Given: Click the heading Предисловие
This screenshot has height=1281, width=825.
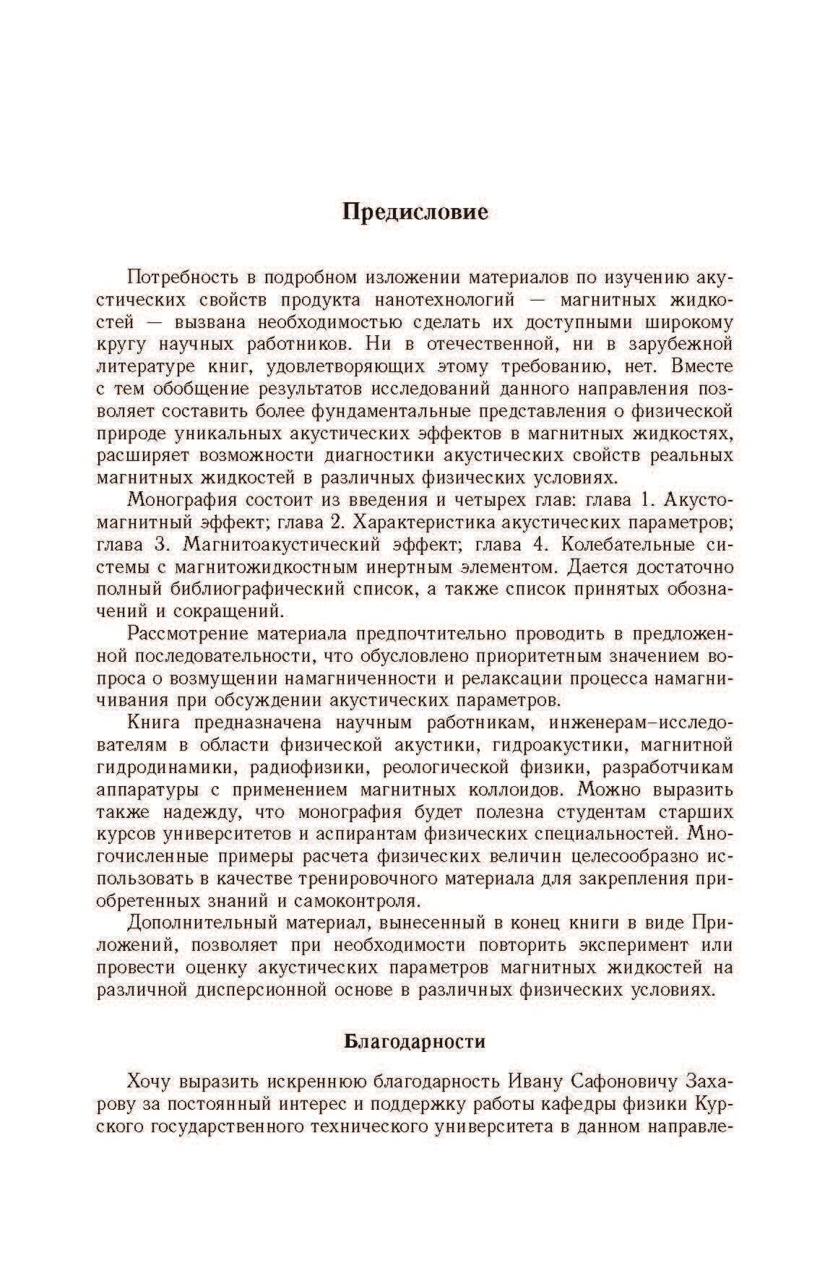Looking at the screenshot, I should (x=415, y=212).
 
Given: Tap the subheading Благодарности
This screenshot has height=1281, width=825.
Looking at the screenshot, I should (x=414, y=1042).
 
